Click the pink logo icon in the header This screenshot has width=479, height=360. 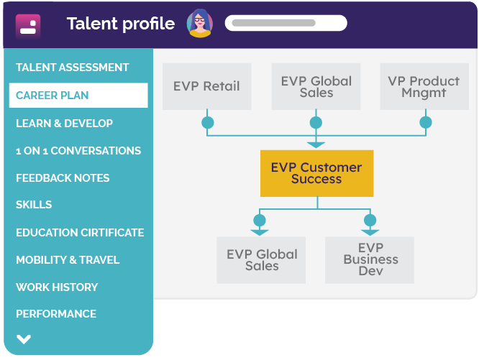click(28, 25)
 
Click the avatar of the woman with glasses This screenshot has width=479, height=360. click(200, 24)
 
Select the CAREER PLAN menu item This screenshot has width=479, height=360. click(78, 95)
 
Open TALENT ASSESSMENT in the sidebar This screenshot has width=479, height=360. click(73, 68)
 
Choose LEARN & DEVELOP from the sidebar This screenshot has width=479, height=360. click(64, 124)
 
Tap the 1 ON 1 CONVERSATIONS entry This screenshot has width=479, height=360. click(78, 151)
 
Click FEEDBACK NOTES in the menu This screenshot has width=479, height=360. click(63, 178)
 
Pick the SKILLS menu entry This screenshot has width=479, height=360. click(34, 205)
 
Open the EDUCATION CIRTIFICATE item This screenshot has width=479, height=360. click(80, 233)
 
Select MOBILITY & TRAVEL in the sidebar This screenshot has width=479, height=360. click(68, 260)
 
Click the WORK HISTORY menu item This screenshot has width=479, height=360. click(57, 287)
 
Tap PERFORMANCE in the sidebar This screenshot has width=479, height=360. click(56, 314)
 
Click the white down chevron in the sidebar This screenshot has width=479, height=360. click(24, 339)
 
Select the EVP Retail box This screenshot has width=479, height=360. click(207, 86)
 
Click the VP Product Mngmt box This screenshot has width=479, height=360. click(424, 86)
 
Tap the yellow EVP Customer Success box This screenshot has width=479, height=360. click(316, 173)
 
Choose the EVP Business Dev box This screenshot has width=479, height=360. click(370, 260)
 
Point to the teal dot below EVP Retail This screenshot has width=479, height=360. click(208, 123)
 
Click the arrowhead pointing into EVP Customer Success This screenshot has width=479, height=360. click(316, 145)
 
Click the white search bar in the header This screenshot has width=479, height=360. click(286, 23)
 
